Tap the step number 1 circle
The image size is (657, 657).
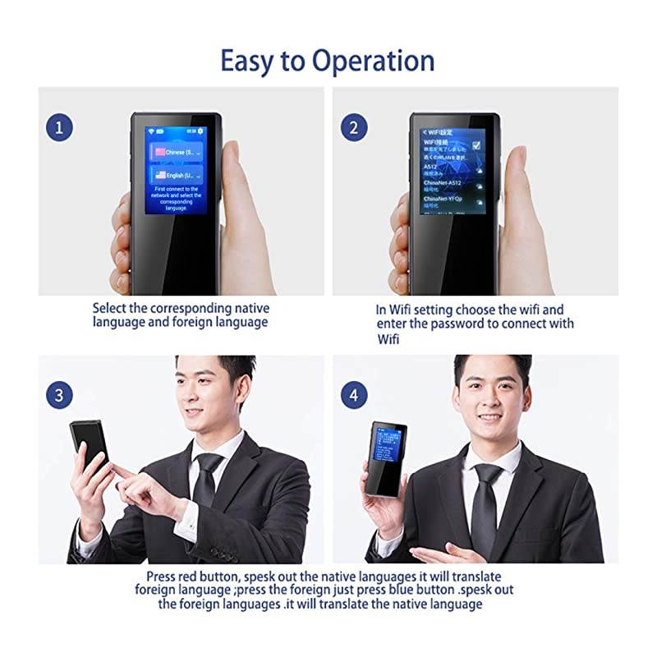(x=59, y=128)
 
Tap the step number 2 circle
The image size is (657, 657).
(x=354, y=128)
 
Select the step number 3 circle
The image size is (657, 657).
(x=59, y=394)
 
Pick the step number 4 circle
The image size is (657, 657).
(x=354, y=394)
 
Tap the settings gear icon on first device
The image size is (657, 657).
(x=200, y=131)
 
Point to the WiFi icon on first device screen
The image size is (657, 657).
(x=151, y=131)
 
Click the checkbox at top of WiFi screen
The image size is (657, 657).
(x=477, y=145)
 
